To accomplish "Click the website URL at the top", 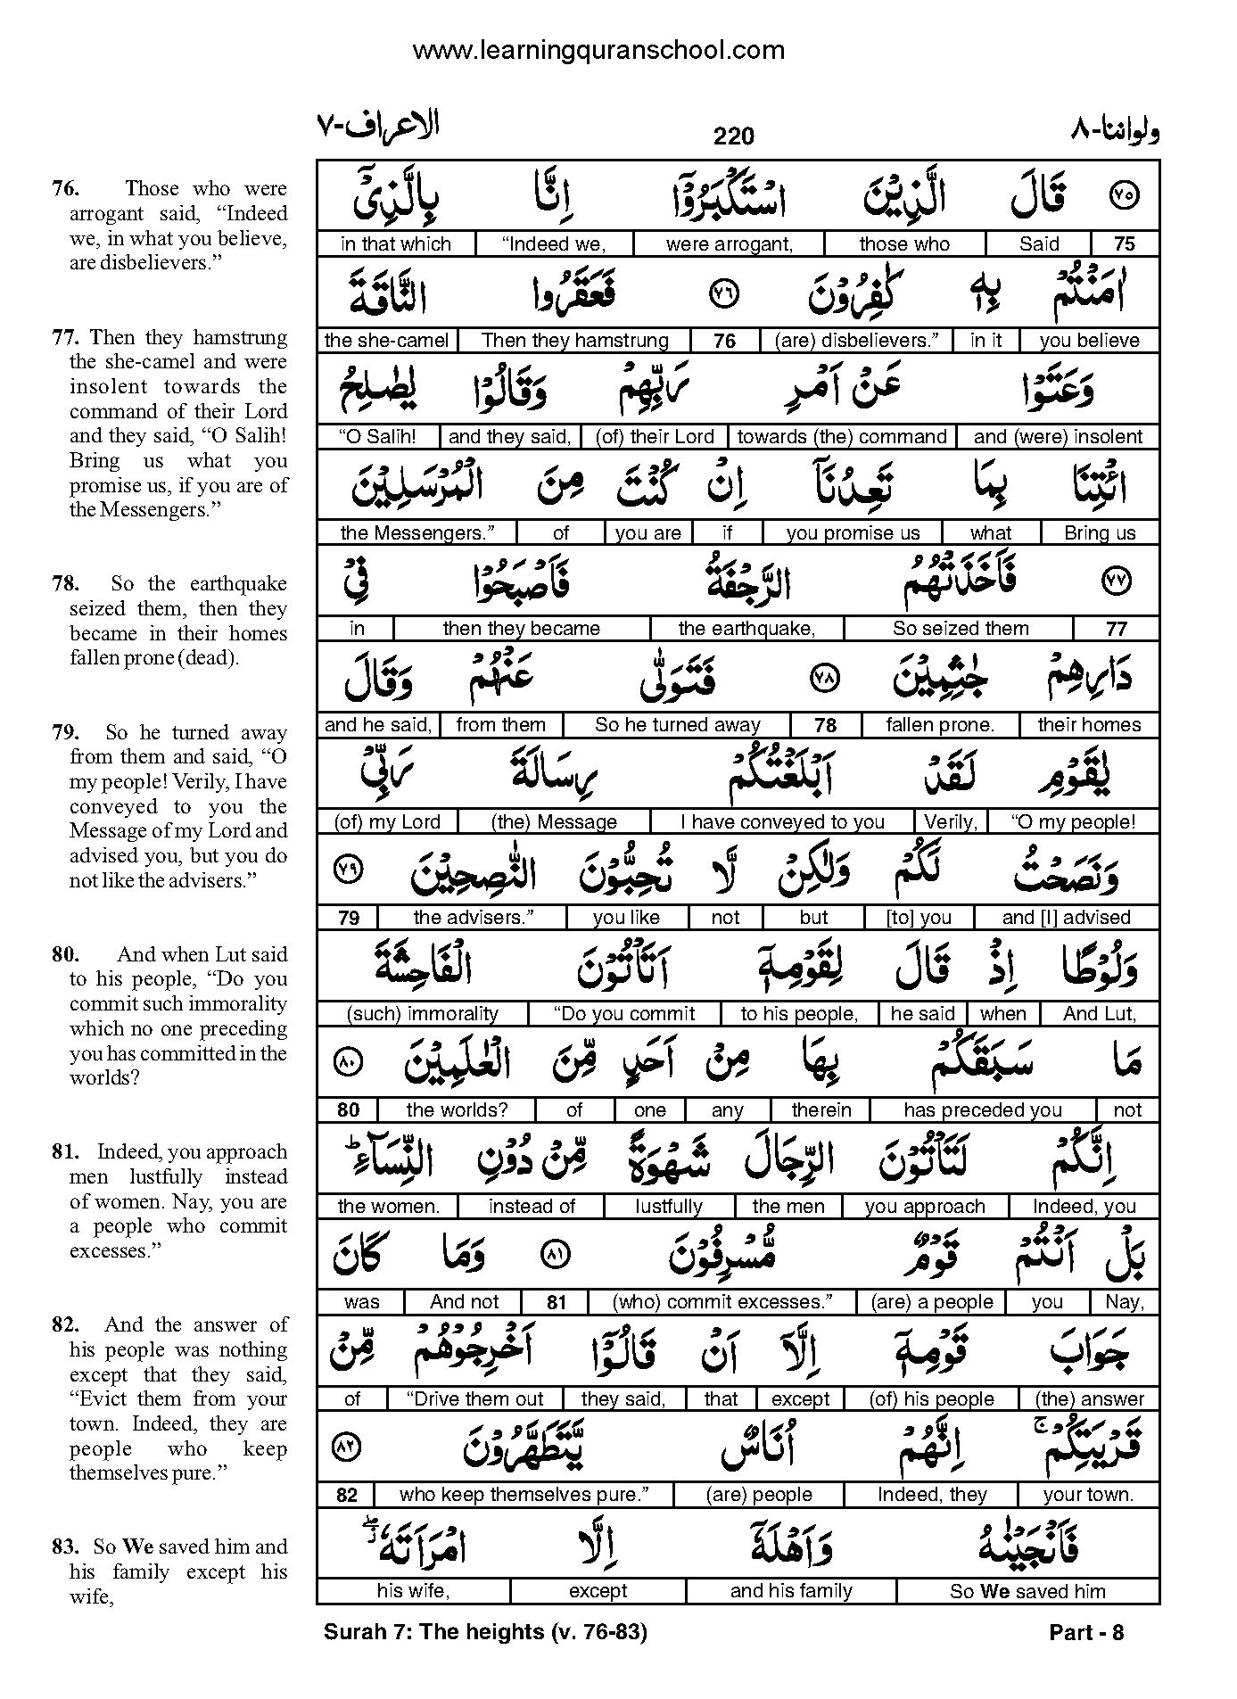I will pyautogui.click(x=598, y=50).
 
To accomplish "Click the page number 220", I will pyautogui.click(x=733, y=136).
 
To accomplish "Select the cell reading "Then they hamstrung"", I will pyautogui.click(x=574, y=340).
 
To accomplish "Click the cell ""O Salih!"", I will pyautogui.click(x=377, y=436).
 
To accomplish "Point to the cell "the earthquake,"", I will pyautogui.click(x=746, y=629).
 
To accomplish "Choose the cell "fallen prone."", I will pyautogui.click(x=939, y=725).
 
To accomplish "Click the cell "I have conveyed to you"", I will pyautogui.click(x=781, y=821).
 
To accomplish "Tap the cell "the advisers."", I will pyautogui.click(x=472, y=918).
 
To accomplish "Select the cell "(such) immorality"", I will pyautogui.click(x=422, y=1014).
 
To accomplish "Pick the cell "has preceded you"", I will pyautogui.click(x=982, y=1110).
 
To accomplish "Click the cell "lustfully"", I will pyautogui.click(x=669, y=1207).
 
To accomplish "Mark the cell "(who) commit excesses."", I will pyautogui.click(x=721, y=1302).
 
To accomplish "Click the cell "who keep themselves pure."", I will pyautogui.click(x=524, y=1495).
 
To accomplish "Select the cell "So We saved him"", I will pyautogui.click(x=1027, y=1591).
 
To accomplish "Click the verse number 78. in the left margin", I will pyautogui.click(x=65, y=584).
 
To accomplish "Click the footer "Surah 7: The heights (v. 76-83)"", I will pyautogui.click(x=485, y=1633).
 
